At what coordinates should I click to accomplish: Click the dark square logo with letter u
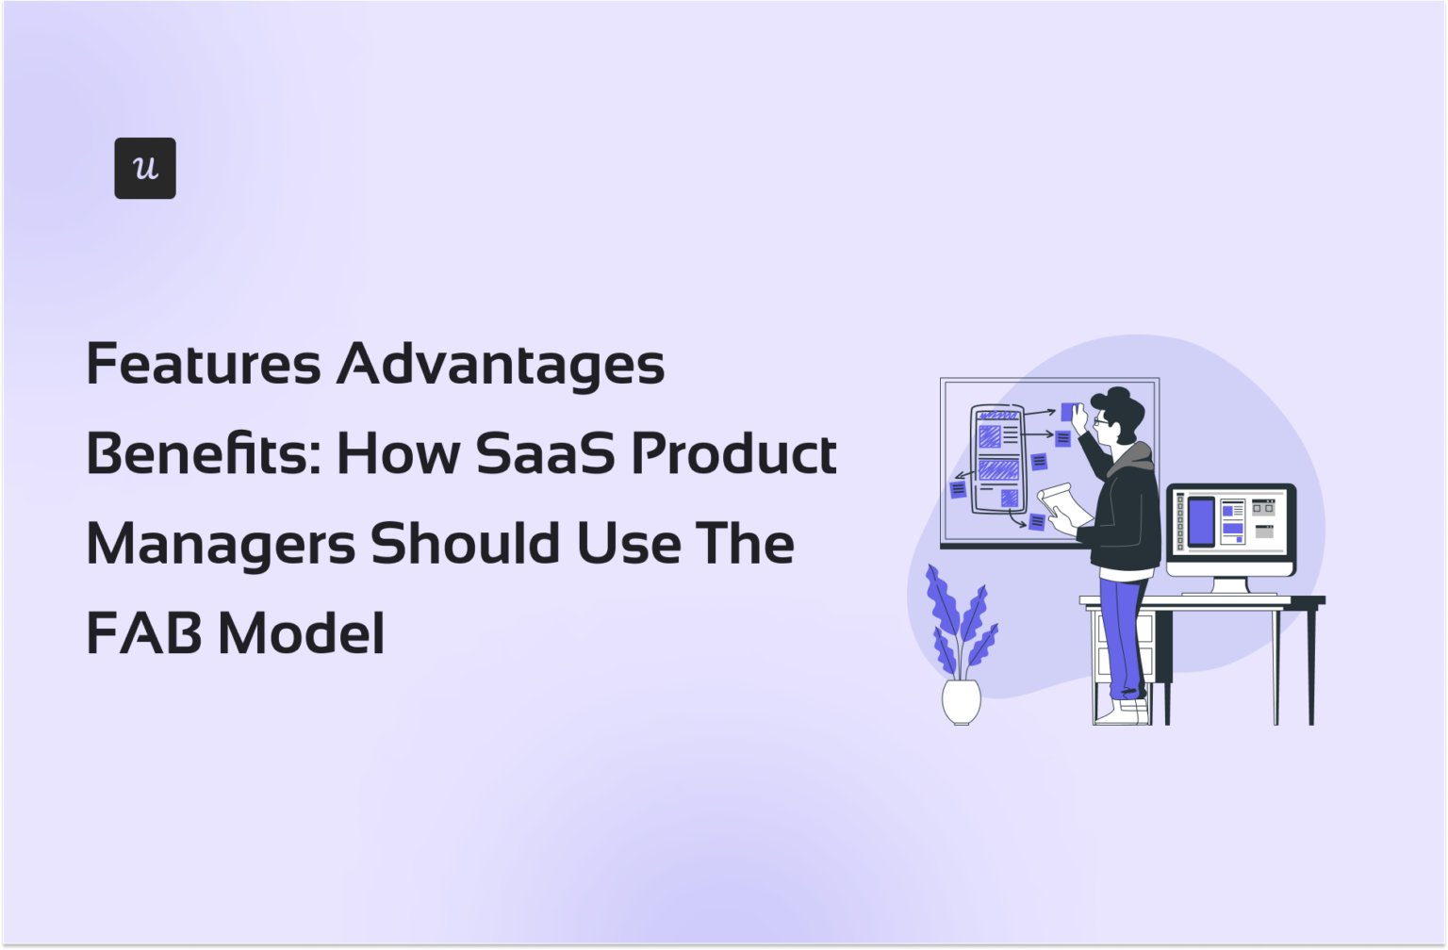tap(144, 168)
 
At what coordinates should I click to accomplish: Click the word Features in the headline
tap(204, 364)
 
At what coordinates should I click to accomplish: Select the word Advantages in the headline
tap(501, 366)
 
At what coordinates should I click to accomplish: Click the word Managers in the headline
tap(219, 545)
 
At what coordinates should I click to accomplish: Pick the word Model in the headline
tap(302, 632)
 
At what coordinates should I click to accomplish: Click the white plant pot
tap(961, 701)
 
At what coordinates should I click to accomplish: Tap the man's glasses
tap(1100, 422)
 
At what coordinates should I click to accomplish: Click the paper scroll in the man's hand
tap(1060, 504)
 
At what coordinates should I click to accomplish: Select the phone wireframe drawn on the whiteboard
tap(997, 458)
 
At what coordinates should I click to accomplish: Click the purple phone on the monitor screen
tap(1200, 521)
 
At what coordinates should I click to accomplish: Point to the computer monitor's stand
tap(1229, 585)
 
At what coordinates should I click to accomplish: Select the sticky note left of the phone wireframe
tap(958, 489)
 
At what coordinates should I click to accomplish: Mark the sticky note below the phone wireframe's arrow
tap(1037, 521)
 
